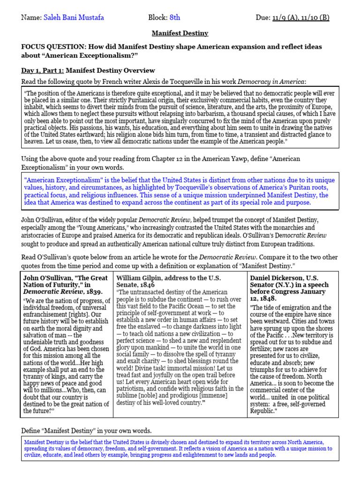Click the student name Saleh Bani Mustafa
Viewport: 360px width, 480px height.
tap(74, 18)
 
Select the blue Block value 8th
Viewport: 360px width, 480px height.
tap(174, 18)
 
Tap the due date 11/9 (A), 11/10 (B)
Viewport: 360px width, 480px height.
tap(300, 18)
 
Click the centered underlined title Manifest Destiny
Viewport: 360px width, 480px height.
tap(180, 34)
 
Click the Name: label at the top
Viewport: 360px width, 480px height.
tap(31, 18)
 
